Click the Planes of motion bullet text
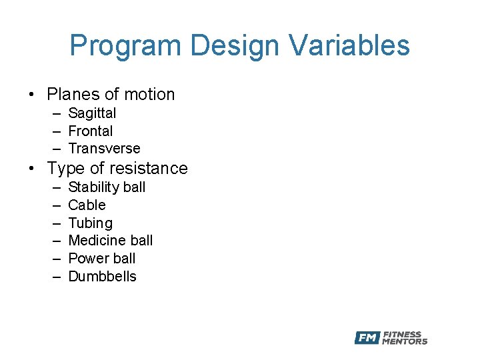tap(111, 95)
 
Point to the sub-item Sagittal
tap(92, 113)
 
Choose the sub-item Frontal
tap(91, 131)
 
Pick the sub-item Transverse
tap(104, 149)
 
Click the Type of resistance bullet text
tap(117, 169)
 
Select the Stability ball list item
tap(107, 187)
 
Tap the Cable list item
tap(87, 205)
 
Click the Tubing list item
tap(90, 223)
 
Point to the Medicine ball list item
tap(111, 241)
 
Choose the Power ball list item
tap(101, 259)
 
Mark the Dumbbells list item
tap(102, 277)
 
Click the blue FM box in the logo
tap(367, 338)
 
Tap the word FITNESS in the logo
tap(402, 334)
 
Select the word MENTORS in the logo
tap(405, 342)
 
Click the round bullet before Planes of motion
tap(32, 95)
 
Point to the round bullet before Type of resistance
tap(32, 169)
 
